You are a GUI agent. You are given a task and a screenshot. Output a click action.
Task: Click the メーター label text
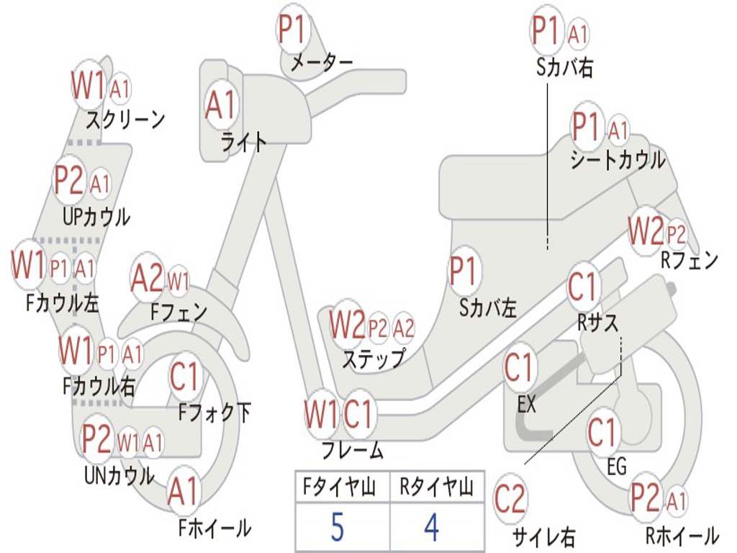click(322, 63)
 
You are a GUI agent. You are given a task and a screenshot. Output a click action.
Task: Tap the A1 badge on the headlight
click(220, 105)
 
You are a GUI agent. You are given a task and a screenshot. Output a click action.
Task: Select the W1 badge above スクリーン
click(88, 86)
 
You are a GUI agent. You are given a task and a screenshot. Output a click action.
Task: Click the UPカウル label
click(96, 217)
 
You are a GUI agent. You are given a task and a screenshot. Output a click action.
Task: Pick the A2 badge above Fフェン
click(147, 278)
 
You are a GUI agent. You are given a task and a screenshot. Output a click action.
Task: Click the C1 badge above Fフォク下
click(184, 377)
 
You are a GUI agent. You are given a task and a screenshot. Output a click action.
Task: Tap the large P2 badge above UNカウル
click(96, 439)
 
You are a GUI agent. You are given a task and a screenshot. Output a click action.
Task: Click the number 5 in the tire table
click(338, 527)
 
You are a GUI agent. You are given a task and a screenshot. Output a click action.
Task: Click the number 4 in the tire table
click(432, 527)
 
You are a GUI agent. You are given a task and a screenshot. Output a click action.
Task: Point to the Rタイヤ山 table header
click(436, 486)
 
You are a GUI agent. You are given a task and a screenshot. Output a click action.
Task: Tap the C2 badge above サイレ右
click(510, 499)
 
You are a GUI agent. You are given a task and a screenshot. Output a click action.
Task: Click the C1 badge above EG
click(602, 433)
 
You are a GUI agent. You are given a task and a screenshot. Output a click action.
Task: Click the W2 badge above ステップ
click(347, 325)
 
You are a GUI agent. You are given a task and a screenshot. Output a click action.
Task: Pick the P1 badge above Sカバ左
click(464, 271)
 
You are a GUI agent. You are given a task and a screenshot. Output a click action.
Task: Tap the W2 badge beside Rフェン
click(646, 231)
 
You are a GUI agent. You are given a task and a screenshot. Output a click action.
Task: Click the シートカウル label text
click(618, 160)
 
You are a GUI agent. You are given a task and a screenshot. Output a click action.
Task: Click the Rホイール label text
click(682, 536)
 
